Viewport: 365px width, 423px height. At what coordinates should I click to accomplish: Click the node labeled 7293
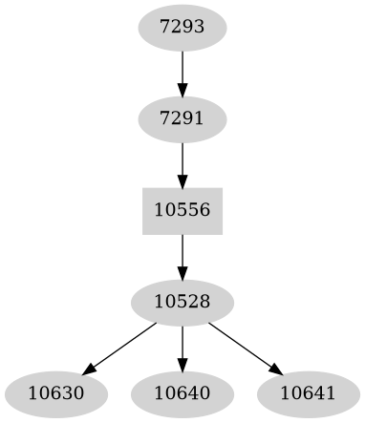click(x=182, y=28)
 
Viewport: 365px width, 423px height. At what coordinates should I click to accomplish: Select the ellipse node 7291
click(x=182, y=119)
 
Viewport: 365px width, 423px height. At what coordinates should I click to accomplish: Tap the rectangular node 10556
click(x=182, y=211)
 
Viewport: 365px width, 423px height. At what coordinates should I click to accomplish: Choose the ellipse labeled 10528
click(x=182, y=303)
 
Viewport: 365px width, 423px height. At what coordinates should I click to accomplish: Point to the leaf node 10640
click(x=182, y=393)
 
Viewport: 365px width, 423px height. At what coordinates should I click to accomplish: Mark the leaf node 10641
click(x=308, y=393)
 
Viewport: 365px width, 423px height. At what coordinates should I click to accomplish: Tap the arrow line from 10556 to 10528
click(x=182, y=254)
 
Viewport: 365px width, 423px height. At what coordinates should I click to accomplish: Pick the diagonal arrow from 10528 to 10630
click(x=120, y=348)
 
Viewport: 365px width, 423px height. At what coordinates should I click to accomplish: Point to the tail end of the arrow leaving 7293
click(x=182, y=52)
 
